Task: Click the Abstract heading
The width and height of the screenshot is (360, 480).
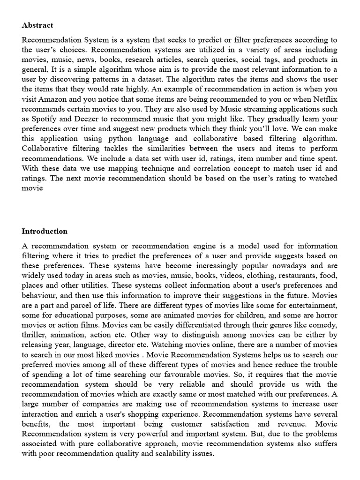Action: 37,25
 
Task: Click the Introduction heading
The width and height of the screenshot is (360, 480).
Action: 45,231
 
